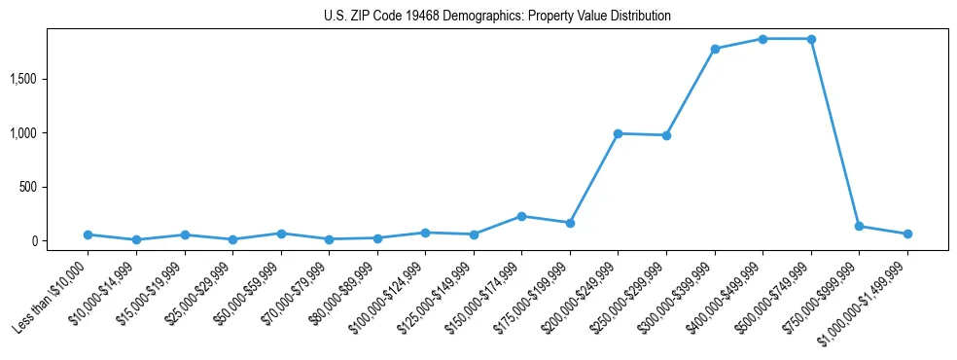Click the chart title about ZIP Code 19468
497,17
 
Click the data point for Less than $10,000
89,234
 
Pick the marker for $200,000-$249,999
618,133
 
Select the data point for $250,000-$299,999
666,135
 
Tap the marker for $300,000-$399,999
715,49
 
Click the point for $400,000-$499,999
762,39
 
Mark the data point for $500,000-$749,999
811,39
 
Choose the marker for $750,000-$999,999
859,226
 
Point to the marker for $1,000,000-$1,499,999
907,234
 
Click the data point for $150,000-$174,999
522,216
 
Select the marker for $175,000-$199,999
570,223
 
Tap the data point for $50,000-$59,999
281,234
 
